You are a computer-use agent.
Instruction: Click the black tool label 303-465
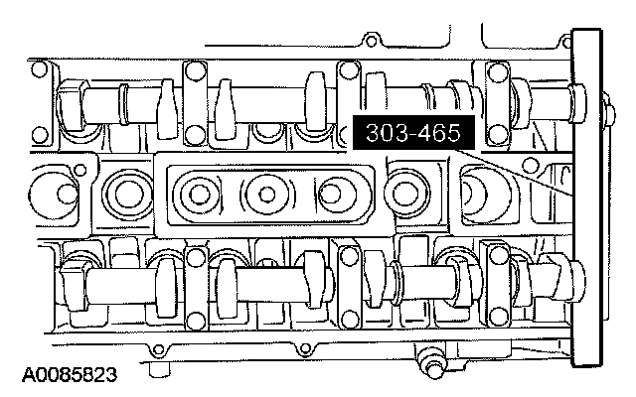(413, 132)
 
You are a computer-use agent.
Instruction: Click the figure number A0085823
(69, 375)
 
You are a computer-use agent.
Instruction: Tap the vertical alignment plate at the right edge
(586, 198)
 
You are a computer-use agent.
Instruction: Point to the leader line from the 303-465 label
(513, 173)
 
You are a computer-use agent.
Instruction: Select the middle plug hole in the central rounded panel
(266, 195)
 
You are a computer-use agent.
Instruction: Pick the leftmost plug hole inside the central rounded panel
(199, 195)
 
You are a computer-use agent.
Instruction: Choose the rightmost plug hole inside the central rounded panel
(332, 195)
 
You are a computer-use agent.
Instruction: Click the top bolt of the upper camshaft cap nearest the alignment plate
(498, 72)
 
